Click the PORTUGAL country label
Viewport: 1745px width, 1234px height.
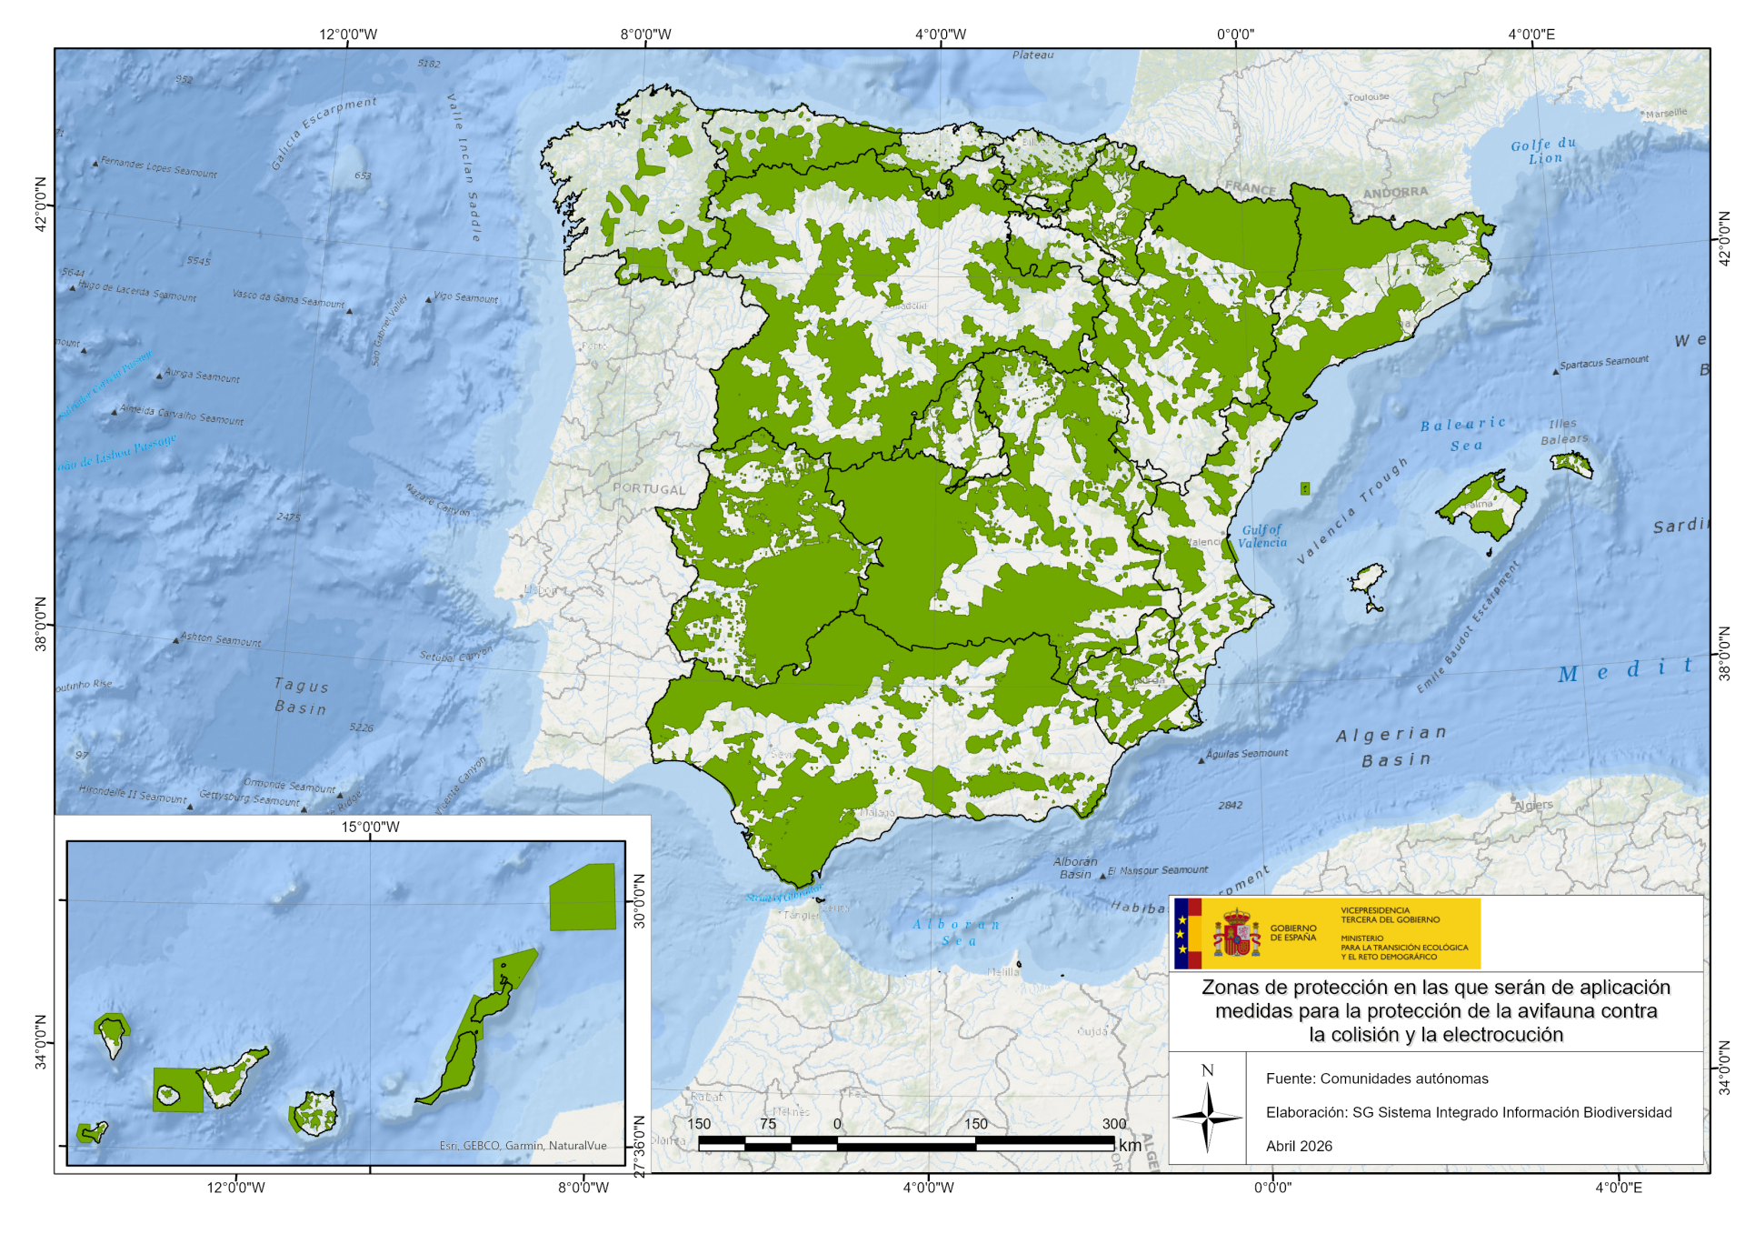point(649,489)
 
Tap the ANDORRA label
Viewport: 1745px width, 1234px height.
point(1395,193)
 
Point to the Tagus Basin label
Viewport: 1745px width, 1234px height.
point(301,697)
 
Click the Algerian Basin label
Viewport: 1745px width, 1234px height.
point(1391,747)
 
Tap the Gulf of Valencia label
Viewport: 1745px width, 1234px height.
point(1262,537)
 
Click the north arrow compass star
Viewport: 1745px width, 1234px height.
point(1207,1117)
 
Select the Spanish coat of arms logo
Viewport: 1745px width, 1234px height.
point(1237,934)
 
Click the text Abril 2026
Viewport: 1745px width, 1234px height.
point(1299,1146)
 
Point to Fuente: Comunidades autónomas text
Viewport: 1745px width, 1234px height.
point(1377,1078)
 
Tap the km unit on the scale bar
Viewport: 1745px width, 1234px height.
point(1130,1146)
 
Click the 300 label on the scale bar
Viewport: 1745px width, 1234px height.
point(1113,1124)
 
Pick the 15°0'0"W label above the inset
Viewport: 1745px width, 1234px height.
point(370,827)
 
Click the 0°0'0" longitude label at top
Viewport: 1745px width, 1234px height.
point(1235,35)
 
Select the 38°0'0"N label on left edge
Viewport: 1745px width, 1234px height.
point(41,625)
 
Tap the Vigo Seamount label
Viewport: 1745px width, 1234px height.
point(466,297)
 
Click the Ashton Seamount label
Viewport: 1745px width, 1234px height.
point(221,639)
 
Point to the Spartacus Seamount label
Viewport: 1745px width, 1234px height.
point(1604,362)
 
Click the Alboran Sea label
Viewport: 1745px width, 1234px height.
point(957,932)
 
